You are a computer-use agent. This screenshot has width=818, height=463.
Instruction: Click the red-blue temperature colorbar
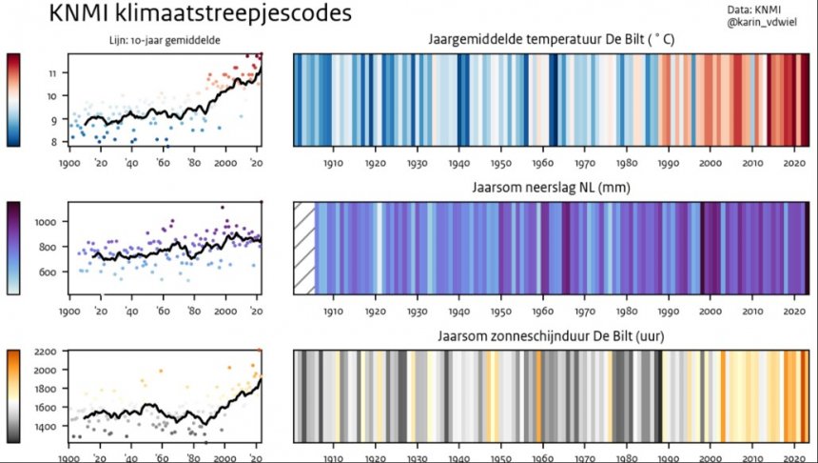[x=14, y=99]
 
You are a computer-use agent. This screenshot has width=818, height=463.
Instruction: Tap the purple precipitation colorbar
[x=14, y=247]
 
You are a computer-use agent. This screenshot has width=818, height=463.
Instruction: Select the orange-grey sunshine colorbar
[x=14, y=396]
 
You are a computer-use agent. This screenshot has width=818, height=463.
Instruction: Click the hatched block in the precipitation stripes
[x=303, y=247]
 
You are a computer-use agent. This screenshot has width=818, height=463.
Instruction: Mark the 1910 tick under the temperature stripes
[x=333, y=164]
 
